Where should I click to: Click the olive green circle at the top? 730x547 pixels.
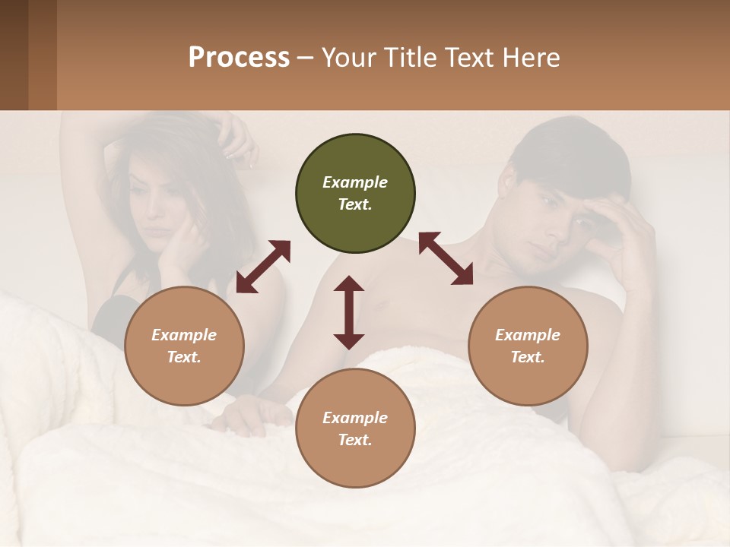355,194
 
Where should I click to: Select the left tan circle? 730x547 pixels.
184,346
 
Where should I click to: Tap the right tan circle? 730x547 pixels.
528,346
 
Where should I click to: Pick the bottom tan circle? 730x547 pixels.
355,428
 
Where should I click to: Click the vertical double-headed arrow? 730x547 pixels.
349,312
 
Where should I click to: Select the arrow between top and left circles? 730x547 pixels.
264,267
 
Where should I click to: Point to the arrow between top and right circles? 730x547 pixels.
446,258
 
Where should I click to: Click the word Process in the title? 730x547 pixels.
239,57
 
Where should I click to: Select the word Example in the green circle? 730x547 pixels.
355,182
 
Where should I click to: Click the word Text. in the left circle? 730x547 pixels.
184,357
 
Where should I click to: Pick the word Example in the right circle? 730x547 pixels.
528,335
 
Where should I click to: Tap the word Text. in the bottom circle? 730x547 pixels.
355,440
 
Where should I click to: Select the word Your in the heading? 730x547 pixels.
340,57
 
